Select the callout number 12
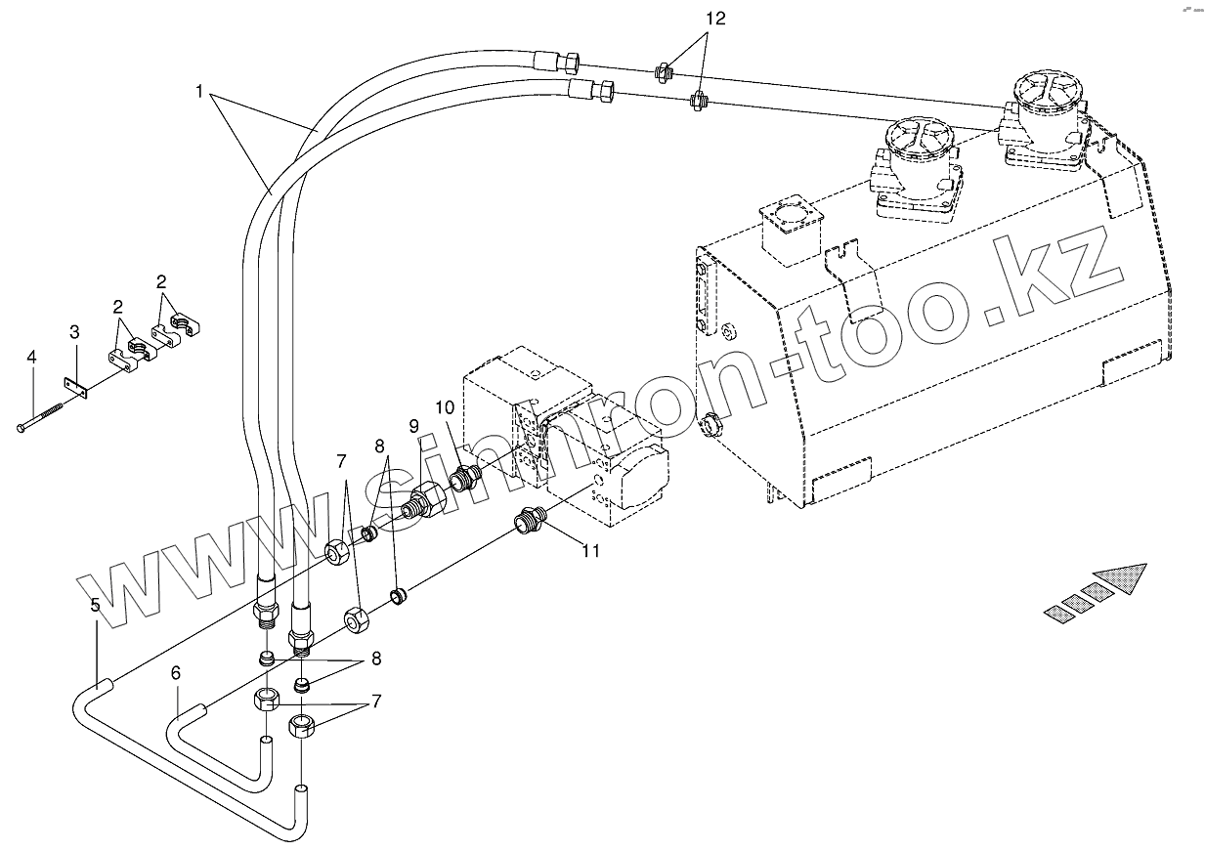click(x=716, y=19)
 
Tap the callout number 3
click(x=74, y=333)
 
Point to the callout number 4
click(x=31, y=358)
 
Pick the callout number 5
click(x=95, y=606)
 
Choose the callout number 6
click(x=176, y=672)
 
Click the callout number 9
click(x=413, y=426)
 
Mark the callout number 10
click(x=445, y=406)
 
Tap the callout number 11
click(x=589, y=551)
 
